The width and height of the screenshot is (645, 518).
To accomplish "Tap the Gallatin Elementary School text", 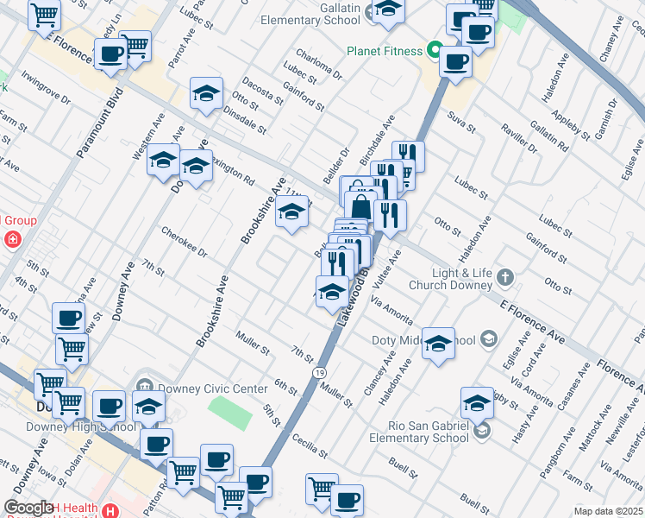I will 310,13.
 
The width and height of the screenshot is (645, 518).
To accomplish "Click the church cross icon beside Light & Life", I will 505,278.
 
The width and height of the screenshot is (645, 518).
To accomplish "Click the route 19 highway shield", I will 319,372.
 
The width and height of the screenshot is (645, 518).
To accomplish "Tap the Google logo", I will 29,509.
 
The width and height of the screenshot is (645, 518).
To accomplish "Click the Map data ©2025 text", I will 609,511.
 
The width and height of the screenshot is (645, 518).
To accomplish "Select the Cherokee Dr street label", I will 184,242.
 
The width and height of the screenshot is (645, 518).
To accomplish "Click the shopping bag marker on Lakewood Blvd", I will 360,208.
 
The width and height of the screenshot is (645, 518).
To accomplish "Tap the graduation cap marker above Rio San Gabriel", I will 477,402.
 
